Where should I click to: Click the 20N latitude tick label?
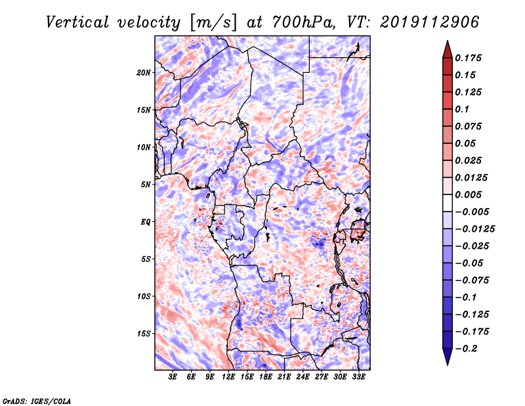coord(144,72)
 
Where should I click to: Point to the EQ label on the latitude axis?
coord(145,221)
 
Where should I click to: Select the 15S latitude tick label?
coord(144,333)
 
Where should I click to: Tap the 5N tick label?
coord(146,185)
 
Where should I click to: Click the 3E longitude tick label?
coord(173,378)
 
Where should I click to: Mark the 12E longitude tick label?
coord(229,378)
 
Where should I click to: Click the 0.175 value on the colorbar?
coord(469,58)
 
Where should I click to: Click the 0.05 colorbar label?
coord(467,143)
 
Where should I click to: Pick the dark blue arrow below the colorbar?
coord(447,358)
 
